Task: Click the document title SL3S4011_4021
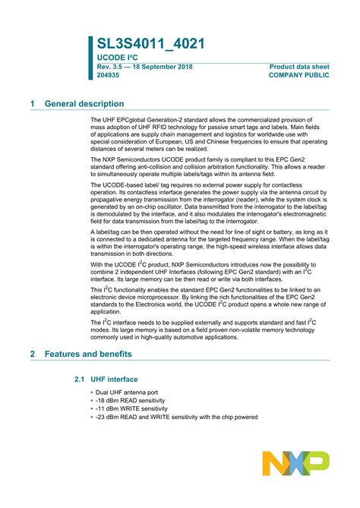pyautogui.click(x=150, y=45)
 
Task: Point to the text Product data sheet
pyautogui.click(x=299, y=67)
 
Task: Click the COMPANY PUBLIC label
pyautogui.click(x=299, y=75)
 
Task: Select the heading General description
pyautogui.click(x=84, y=103)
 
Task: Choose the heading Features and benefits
pyautogui.click(x=88, y=354)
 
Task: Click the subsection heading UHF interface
pyautogui.click(x=114, y=379)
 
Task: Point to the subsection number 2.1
pyautogui.click(x=80, y=379)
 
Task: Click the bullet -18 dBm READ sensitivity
pyautogui.click(x=130, y=400)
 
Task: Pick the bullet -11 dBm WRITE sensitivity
pyautogui.click(x=131, y=409)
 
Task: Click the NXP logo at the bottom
pyautogui.click(x=295, y=462)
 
